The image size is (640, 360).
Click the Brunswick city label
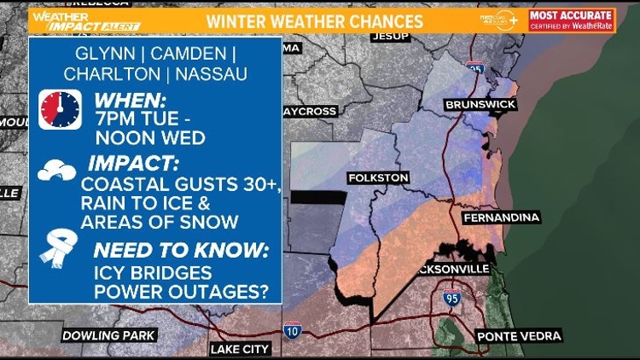point(480,104)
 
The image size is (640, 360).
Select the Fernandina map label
point(502,218)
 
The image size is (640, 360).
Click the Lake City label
point(240,349)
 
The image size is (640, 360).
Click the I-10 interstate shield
point(291,329)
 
